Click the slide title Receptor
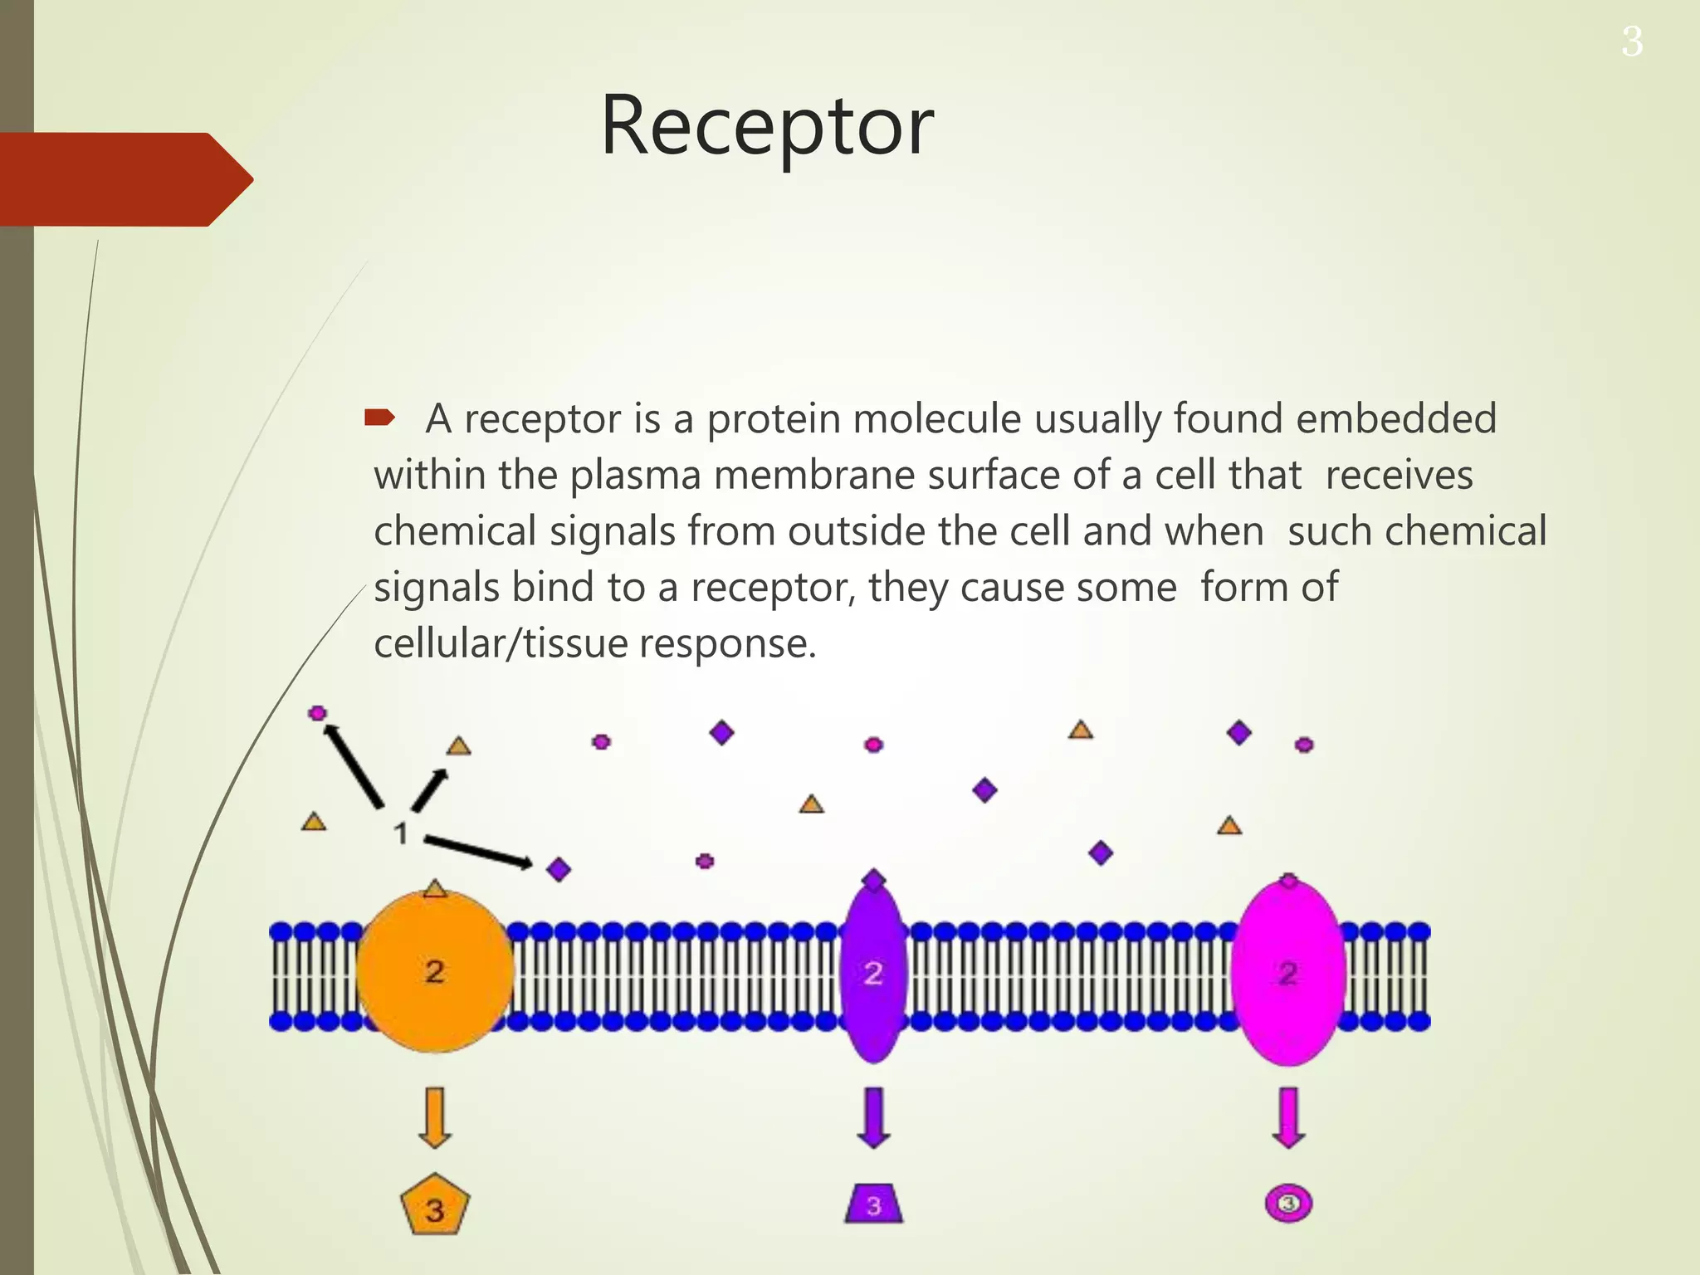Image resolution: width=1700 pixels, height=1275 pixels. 766,126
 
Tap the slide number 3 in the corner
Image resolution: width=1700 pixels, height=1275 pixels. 1631,42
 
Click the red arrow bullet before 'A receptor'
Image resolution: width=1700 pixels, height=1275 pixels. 379,418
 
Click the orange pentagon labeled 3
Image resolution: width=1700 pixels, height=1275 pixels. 434,1205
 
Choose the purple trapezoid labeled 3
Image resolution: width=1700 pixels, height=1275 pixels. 873,1204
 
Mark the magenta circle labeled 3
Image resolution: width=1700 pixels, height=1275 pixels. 1287,1204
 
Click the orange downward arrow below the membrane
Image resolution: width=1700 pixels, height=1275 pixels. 434,1117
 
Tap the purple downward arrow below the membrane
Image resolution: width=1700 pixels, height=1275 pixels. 873,1117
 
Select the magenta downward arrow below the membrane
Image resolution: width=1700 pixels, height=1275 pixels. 1287,1117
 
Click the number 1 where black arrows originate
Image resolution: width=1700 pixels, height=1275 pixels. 400,833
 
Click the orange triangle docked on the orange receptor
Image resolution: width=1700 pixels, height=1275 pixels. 435,889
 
